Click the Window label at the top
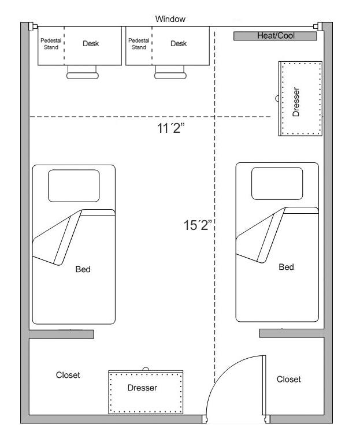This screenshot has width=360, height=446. (x=170, y=19)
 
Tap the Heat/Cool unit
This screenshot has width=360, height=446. (x=275, y=36)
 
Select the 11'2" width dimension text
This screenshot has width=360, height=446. (x=170, y=129)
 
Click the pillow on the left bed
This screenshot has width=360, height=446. (x=73, y=185)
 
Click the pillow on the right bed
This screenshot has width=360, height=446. (x=277, y=183)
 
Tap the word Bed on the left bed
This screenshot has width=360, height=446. (x=83, y=269)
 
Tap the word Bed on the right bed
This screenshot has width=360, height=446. (x=286, y=267)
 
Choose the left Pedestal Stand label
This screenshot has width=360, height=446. (x=51, y=44)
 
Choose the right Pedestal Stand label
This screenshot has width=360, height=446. (x=139, y=44)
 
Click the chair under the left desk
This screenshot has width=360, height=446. (x=83, y=73)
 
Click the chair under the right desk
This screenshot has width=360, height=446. (x=170, y=73)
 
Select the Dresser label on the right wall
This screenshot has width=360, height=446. (x=296, y=102)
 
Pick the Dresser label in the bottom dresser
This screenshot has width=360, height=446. (x=142, y=388)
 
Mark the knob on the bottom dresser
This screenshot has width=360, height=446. (x=146, y=369)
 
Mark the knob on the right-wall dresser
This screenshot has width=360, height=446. (x=278, y=99)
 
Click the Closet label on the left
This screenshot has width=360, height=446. (x=68, y=375)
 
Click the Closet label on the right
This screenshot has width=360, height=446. (x=288, y=379)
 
